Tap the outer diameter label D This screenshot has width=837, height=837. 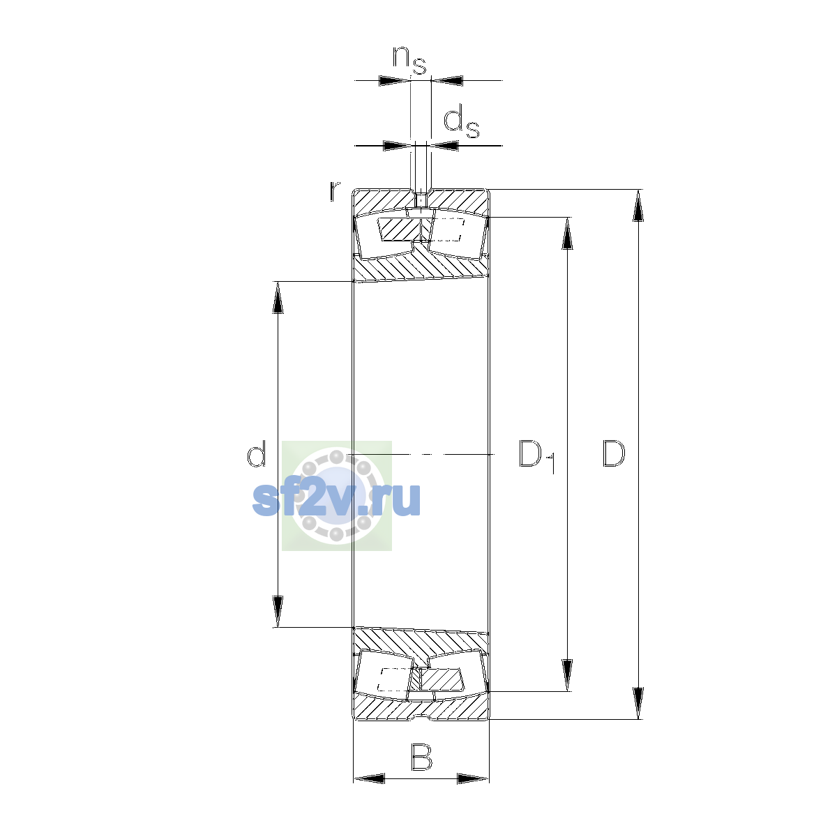[x=613, y=454]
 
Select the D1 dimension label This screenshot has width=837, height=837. [x=537, y=456]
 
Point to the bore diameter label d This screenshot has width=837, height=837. [x=256, y=454]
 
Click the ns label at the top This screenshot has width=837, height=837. [x=409, y=60]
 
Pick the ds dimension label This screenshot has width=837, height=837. [x=461, y=123]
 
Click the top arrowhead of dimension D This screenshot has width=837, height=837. [x=638, y=206]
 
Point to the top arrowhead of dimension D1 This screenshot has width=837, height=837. [x=567, y=233]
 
